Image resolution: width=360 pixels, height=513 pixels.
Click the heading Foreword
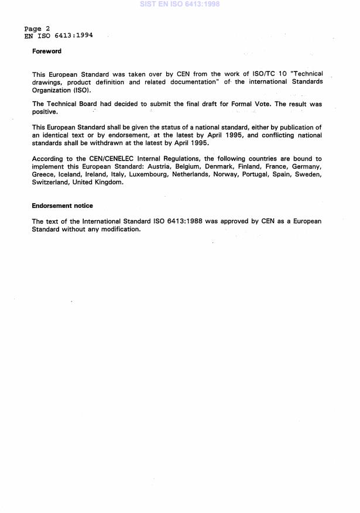pyautogui.click(x=47, y=52)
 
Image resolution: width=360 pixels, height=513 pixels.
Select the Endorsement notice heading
pyautogui.click(x=63, y=206)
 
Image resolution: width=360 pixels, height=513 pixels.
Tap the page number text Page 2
pyautogui.click(x=37, y=29)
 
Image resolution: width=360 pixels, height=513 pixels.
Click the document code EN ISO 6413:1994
pyautogui.click(x=58, y=35)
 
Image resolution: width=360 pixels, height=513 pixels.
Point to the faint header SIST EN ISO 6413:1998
pyautogui.click(x=180, y=4)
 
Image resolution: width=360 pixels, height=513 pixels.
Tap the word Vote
pyautogui.click(x=260, y=104)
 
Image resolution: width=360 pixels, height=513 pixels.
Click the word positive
pyautogui.click(x=44, y=111)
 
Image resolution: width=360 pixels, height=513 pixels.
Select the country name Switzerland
pyautogui.click(x=50, y=182)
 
